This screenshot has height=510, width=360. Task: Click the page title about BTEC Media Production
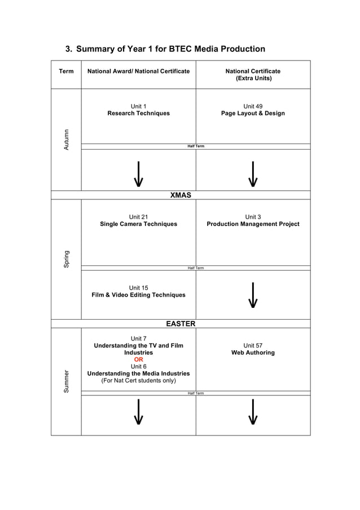165,49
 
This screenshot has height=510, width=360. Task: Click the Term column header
66,71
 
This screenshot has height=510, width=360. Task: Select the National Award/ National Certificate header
138,71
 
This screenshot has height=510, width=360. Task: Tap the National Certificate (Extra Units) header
253,75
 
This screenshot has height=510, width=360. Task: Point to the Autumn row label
66,140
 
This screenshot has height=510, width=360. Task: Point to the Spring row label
66,259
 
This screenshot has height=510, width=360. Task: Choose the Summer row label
66,381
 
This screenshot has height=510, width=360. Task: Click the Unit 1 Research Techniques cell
138,110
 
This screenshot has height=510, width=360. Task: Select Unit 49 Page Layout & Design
253,110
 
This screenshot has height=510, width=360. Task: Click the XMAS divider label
181,195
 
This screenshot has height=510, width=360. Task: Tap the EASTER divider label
181,324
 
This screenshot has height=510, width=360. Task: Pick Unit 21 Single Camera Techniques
138,220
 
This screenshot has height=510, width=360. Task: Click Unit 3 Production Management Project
253,220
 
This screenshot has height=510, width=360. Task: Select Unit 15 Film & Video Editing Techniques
138,291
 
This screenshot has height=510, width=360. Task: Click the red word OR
138,359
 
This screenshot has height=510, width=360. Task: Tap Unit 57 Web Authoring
253,349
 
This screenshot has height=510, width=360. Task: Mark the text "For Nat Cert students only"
138,381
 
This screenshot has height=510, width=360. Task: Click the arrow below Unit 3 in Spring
253,295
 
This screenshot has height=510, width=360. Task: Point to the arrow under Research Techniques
138,173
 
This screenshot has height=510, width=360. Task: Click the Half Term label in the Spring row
196,268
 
